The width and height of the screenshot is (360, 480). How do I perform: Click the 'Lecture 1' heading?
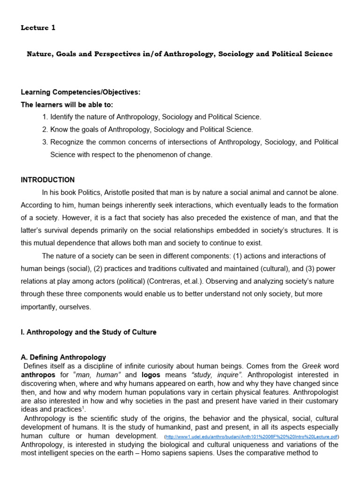[x=38, y=28]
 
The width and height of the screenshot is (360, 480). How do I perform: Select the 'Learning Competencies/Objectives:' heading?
[x=80, y=92]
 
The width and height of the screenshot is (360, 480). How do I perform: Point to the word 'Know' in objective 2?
[x=60, y=129]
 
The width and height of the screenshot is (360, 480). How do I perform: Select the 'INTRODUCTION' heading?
[x=47, y=180]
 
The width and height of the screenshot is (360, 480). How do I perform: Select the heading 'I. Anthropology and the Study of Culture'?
[x=89, y=332]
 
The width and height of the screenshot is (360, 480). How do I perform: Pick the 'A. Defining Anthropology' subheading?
[x=63, y=357]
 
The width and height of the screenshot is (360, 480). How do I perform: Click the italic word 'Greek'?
[x=312, y=366]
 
